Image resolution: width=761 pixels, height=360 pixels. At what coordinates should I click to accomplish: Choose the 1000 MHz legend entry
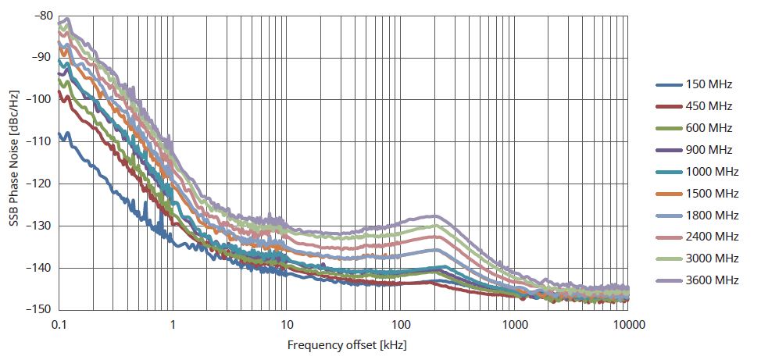click(712, 172)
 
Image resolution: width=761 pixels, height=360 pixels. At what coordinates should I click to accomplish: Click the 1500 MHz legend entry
click(712, 194)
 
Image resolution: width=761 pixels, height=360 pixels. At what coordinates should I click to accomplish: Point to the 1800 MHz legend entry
click(712, 216)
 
